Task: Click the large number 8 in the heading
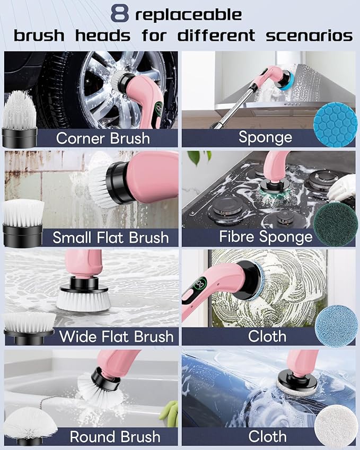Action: point(119,13)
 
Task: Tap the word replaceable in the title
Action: point(188,15)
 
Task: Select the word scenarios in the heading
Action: point(309,36)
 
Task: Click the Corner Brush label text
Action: point(103,138)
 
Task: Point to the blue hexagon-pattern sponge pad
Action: point(335,125)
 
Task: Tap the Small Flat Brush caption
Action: point(110,237)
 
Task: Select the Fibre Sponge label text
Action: point(266,237)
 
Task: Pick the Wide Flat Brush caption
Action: point(116,337)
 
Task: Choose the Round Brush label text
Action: point(115,437)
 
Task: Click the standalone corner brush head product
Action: point(20,119)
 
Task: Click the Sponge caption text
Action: point(265,137)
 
